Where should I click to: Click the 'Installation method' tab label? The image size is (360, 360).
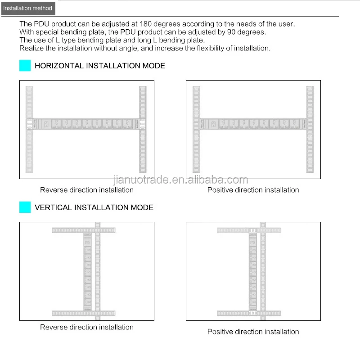coord(27,8)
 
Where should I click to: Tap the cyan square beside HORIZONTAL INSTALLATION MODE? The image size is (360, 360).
coord(25,66)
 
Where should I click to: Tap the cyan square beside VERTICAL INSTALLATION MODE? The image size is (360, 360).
coord(25,207)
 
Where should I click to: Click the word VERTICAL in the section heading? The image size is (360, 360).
coord(53,207)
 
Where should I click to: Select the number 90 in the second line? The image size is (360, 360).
coord(239,32)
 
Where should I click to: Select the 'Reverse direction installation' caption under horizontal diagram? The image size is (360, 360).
coord(87,190)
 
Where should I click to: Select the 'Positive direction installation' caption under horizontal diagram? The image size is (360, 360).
coord(253,190)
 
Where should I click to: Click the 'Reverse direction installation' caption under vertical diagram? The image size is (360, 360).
coord(87,327)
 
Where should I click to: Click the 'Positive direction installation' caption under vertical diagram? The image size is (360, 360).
coord(253,332)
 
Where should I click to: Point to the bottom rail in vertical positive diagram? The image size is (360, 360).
coord(249,313)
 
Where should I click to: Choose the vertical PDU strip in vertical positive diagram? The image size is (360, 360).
coord(252,270)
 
